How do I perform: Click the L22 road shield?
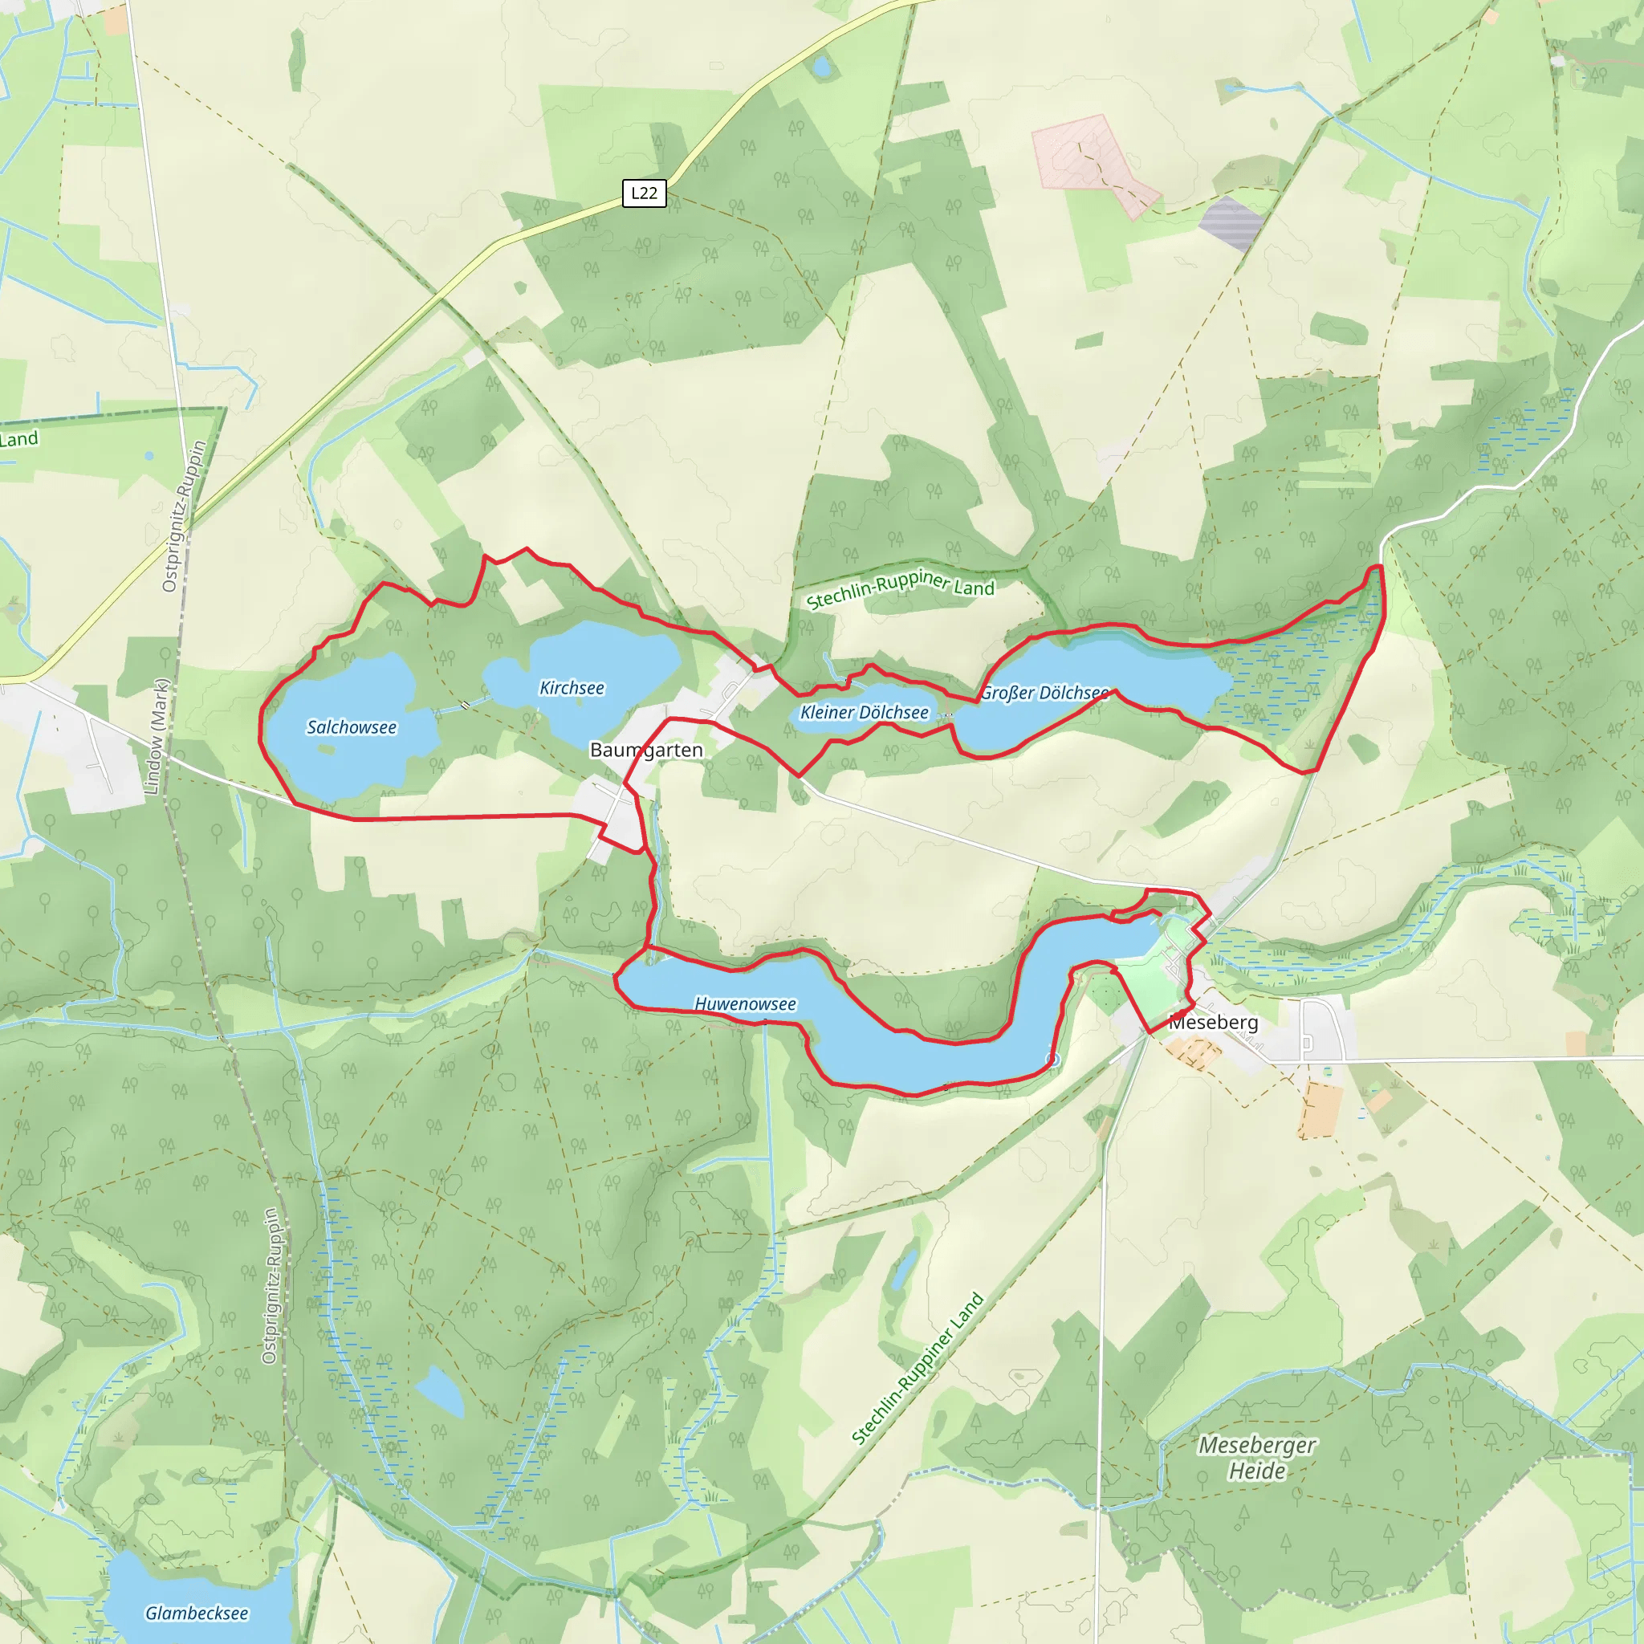[x=643, y=193]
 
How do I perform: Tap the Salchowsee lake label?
[x=352, y=726]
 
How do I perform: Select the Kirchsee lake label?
[x=572, y=688]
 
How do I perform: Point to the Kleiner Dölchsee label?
[x=865, y=712]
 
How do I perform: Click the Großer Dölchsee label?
[x=1044, y=693]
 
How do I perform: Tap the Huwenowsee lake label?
[x=746, y=1004]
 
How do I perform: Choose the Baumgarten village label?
[x=647, y=750]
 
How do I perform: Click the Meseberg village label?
[x=1213, y=1022]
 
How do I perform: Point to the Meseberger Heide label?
[x=1257, y=1458]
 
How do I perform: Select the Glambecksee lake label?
[x=197, y=1613]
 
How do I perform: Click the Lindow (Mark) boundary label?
[x=157, y=737]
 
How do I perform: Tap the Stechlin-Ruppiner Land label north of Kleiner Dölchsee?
[x=901, y=589]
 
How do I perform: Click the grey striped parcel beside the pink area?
[x=1231, y=223]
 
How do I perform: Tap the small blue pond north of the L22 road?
[x=821, y=67]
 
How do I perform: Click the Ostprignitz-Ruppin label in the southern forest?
[x=270, y=1286]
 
